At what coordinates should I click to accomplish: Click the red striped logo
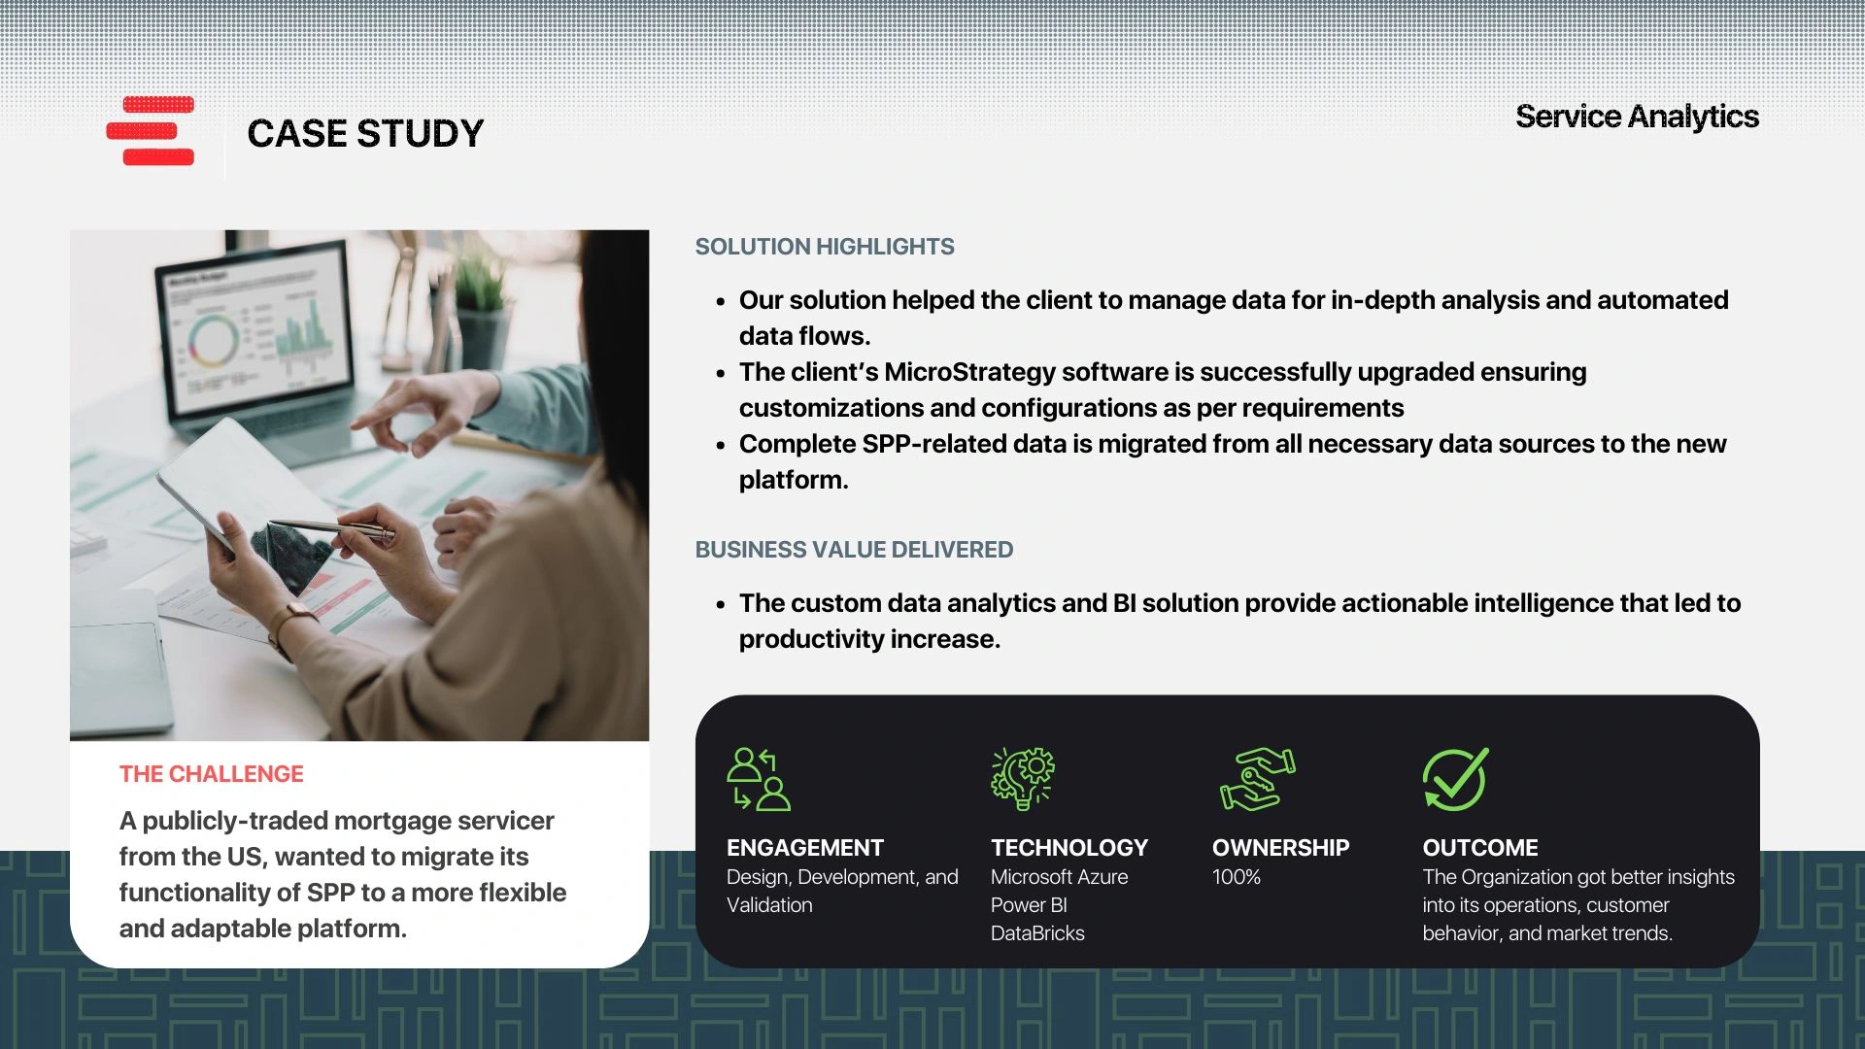point(151,131)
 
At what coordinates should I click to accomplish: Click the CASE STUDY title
point(365,134)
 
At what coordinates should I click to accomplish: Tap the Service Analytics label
point(1637,117)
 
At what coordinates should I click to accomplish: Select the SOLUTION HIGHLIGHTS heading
point(825,247)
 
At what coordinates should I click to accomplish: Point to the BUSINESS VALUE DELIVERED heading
point(854,550)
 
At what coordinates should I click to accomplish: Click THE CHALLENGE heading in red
point(212,774)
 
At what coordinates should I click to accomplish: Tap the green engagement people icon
point(759,779)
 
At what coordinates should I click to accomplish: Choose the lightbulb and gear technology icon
point(1023,779)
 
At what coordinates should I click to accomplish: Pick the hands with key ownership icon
point(1258,779)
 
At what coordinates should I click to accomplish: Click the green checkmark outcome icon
point(1456,779)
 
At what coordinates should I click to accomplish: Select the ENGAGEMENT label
point(805,848)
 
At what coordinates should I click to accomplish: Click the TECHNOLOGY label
point(1069,848)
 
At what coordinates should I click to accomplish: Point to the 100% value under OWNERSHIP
point(1237,877)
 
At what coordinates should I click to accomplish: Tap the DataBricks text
point(1037,933)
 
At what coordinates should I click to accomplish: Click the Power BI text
point(1029,905)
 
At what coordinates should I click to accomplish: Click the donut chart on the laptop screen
point(213,339)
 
